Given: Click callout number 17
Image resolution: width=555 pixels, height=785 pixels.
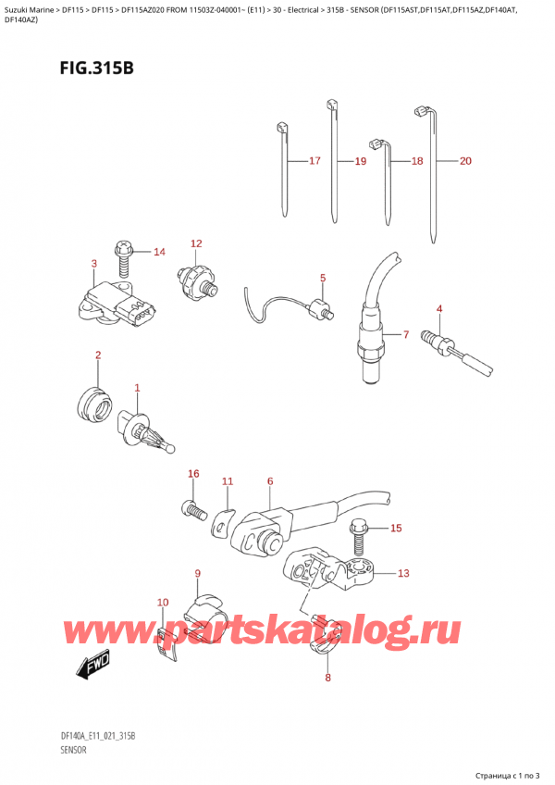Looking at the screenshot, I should pos(314,161).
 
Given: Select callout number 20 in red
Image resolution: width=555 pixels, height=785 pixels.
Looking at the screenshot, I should pos(464,161).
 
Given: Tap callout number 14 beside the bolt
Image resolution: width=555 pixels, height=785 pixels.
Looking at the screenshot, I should pos(159,252).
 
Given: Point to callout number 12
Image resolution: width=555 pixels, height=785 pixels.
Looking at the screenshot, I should pos(196,243).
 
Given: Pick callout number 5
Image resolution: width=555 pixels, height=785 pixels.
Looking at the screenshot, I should pos(323,277).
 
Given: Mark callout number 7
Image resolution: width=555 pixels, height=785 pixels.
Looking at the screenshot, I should pos(404,333).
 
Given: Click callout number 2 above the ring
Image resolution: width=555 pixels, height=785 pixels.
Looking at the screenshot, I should pos(98,355).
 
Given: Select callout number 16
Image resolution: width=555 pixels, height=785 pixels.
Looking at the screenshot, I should pos(193,474).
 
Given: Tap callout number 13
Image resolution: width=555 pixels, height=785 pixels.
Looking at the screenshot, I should pos(402,573).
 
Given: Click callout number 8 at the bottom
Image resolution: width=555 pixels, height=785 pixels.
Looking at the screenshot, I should pos(327,679).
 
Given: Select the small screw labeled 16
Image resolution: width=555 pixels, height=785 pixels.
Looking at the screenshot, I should pos(192,507).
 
